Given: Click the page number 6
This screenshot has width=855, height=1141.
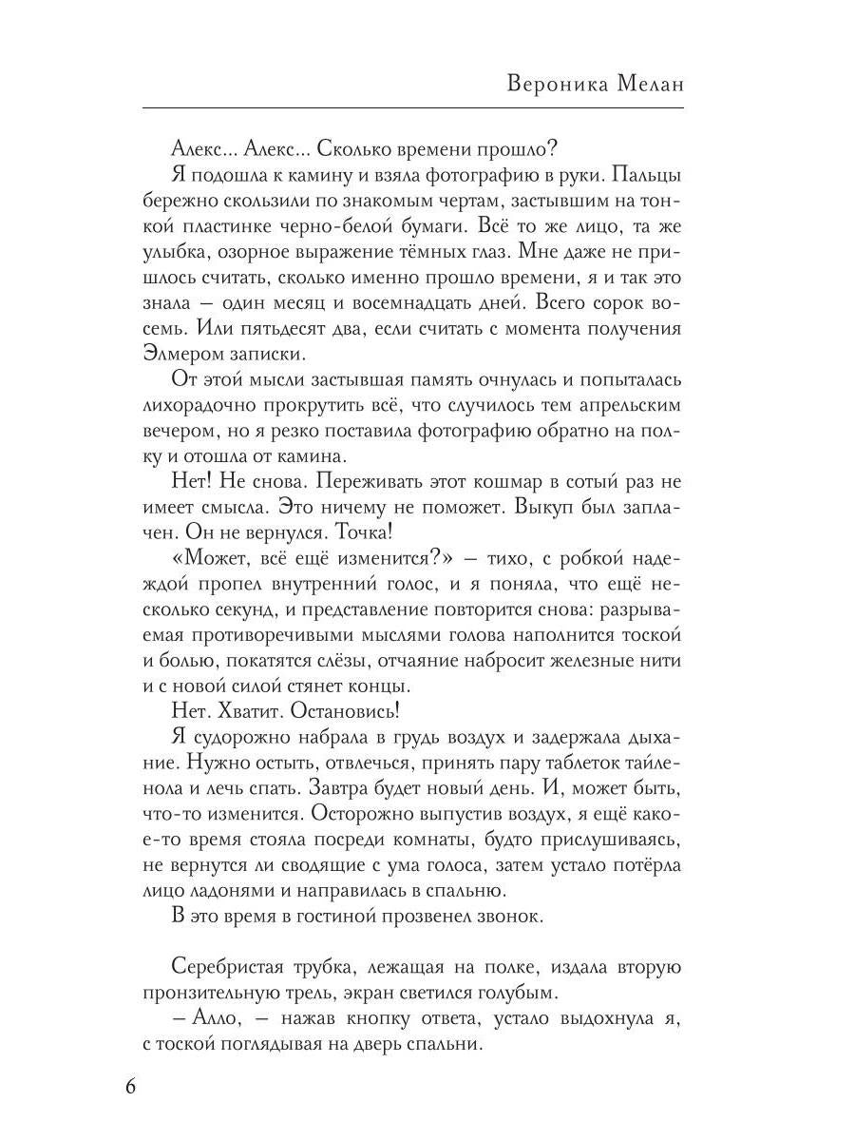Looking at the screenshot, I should (131, 1086).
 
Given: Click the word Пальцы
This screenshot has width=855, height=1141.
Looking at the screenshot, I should (643, 176).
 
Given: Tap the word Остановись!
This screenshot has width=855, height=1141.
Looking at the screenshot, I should (345, 710).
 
